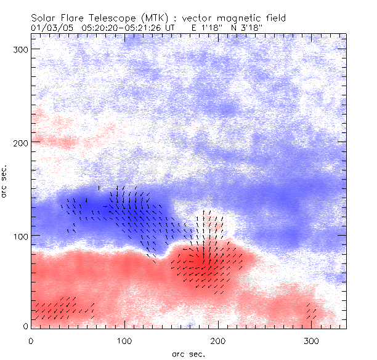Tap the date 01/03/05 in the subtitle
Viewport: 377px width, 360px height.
pyautogui.click(x=51, y=28)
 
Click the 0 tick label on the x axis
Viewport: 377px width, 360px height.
pyautogui.click(x=31, y=340)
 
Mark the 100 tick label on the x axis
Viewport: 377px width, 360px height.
pyautogui.click(x=124, y=340)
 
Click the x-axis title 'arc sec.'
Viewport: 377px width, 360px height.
pyautogui.click(x=188, y=354)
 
